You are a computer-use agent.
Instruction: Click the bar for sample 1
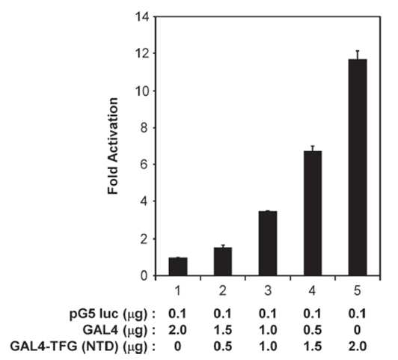click(x=178, y=266)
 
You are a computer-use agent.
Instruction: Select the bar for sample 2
click(x=223, y=261)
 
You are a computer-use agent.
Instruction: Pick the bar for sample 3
click(x=268, y=243)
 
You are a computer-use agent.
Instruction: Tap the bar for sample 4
click(x=313, y=213)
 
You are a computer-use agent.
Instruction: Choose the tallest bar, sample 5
click(x=358, y=168)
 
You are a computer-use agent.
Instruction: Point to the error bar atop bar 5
click(x=358, y=55)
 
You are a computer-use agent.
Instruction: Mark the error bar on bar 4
click(x=313, y=148)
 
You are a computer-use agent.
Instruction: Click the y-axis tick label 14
click(x=142, y=16)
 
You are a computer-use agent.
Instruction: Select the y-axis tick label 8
click(x=144, y=128)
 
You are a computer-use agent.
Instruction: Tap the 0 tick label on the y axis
click(x=144, y=275)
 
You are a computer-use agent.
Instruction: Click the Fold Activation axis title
click(x=113, y=146)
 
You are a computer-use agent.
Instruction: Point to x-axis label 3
click(x=268, y=290)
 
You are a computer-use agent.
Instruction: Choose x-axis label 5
click(x=358, y=290)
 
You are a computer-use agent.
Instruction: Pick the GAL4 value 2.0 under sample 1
click(x=178, y=330)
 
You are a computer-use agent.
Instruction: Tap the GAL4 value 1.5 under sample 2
click(x=223, y=330)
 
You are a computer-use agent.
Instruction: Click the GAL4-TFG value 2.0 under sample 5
click(x=358, y=347)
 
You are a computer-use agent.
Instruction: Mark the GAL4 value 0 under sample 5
click(x=358, y=330)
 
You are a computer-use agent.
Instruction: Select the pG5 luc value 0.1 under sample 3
click(x=268, y=314)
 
